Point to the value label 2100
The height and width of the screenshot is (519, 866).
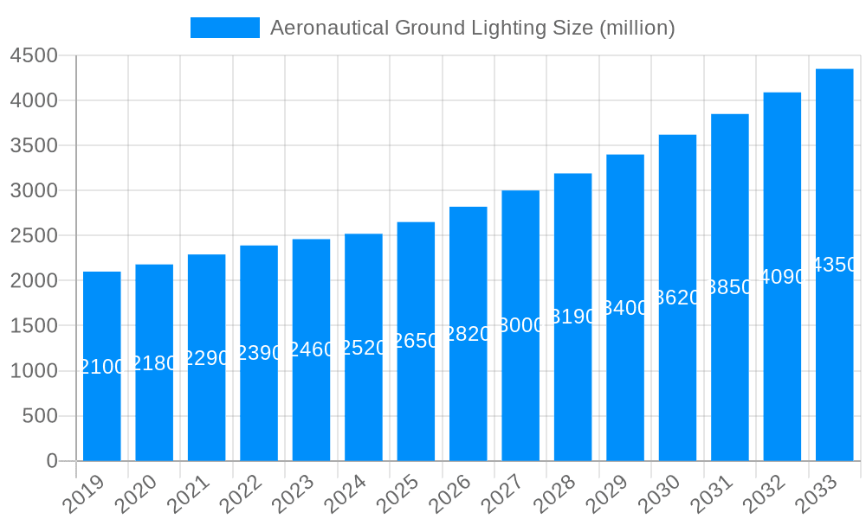(x=102, y=367)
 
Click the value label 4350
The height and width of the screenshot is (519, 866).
(x=834, y=265)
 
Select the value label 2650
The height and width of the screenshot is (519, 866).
(x=416, y=341)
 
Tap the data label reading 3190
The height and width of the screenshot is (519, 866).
(x=573, y=317)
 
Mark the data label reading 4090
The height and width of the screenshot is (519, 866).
(x=782, y=277)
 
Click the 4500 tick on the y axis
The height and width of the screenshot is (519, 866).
(x=33, y=55)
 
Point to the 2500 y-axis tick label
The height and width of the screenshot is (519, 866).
(x=33, y=235)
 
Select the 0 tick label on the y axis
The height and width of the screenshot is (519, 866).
(x=51, y=461)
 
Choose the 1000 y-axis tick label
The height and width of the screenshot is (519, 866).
(x=33, y=371)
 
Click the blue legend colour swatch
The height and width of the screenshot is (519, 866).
(x=224, y=28)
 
